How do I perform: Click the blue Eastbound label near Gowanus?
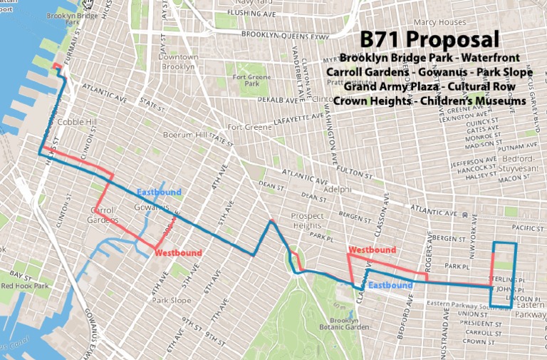point(160,192)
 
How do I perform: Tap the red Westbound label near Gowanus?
point(178,253)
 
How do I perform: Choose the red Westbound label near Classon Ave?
point(372,250)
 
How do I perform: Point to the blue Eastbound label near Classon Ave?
point(390,285)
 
